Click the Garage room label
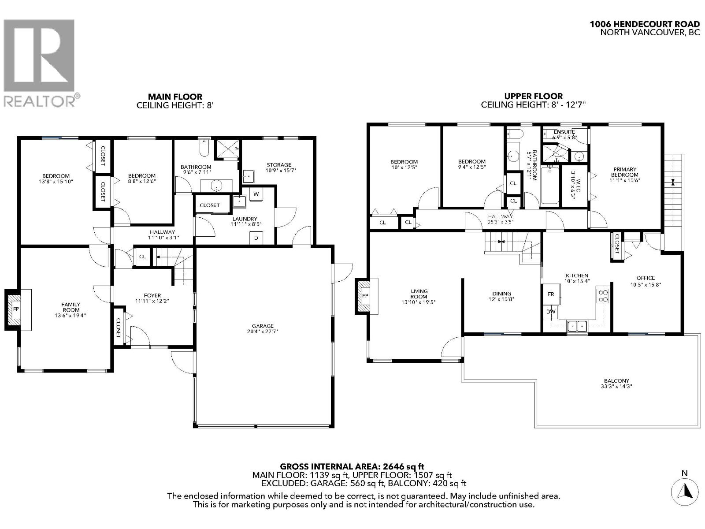tap(263, 326)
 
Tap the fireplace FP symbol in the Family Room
tap(16, 309)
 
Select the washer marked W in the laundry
tap(256, 194)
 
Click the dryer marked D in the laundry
tap(256, 238)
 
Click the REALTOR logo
tap(41, 62)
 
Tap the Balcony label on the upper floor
tap(616, 381)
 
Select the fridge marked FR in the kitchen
tap(551, 294)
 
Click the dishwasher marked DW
tap(551, 312)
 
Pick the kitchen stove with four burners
tap(602, 296)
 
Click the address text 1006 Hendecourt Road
tap(645, 24)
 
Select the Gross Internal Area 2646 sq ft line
tap(352, 466)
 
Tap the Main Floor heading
tap(175, 97)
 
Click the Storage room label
tap(278, 164)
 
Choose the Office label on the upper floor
tap(646, 278)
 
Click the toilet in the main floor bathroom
tap(204, 149)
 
